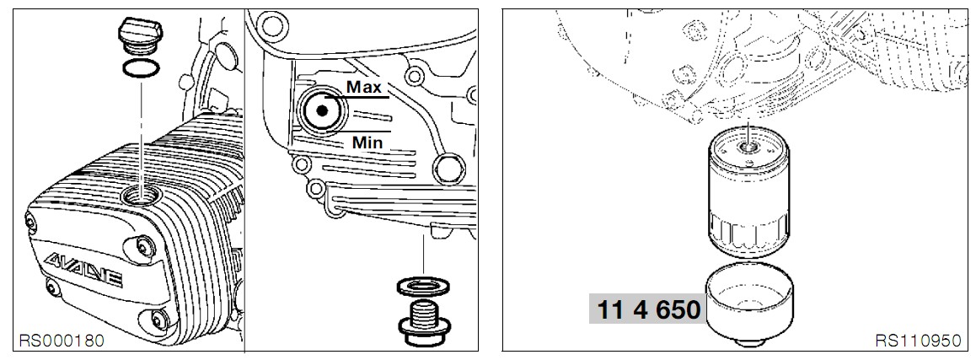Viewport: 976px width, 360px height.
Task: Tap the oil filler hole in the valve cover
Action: point(141,197)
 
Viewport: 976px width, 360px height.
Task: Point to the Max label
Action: point(363,87)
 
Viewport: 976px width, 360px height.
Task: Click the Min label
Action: point(367,142)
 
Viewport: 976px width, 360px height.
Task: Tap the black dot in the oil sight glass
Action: point(321,110)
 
